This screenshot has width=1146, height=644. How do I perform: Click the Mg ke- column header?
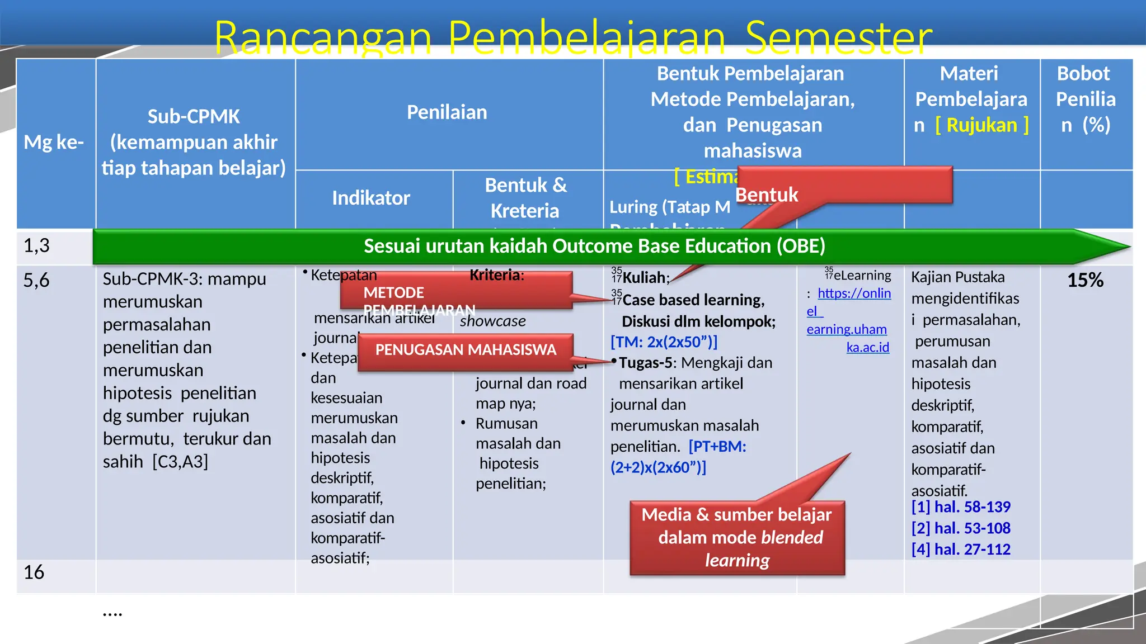[x=54, y=143]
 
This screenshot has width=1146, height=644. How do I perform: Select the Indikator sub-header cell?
[x=370, y=198]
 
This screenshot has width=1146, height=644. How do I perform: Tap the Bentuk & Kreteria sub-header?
[x=525, y=198]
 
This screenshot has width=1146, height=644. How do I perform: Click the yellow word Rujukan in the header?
[x=981, y=125]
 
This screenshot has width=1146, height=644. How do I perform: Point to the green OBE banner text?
[x=594, y=246]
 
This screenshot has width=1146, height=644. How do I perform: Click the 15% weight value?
[x=1085, y=280]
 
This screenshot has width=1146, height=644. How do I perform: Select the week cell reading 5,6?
[x=36, y=280]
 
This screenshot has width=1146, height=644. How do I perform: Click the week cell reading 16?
[x=34, y=572]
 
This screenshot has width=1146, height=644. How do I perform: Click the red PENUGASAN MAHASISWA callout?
[x=466, y=350]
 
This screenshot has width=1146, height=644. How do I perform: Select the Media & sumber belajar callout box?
[x=736, y=537]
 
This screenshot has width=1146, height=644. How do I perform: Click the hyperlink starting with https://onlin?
[x=854, y=293]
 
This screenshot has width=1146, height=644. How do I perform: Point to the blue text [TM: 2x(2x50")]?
[x=664, y=342]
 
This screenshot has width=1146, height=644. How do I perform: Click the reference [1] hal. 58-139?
[x=961, y=507]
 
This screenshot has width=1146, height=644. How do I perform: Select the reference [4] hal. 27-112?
[x=961, y=550]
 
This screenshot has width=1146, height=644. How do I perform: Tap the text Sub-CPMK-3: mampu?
[x=184, y=278]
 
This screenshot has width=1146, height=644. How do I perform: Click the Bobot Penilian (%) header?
[x=1085, y=100]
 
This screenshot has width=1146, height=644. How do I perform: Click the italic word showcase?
[x=492, y=321]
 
